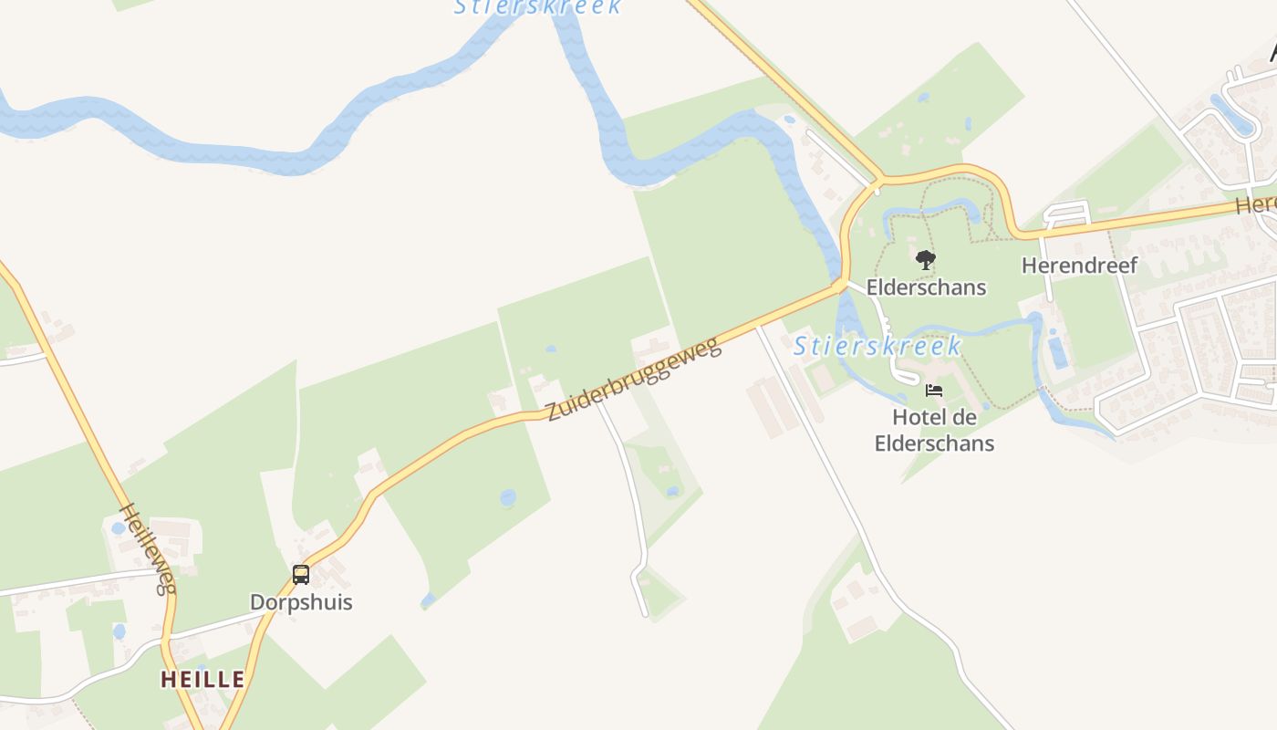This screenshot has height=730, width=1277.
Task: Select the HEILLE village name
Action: pyautogui.click(x=202, y=679)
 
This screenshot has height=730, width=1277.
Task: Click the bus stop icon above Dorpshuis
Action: pyautogui.click(x=301, y=575)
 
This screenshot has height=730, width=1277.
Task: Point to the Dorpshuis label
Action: pyautogui.click(x=301, y=602)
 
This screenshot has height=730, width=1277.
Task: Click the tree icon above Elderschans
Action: pyautogui.click(x=926, y=260)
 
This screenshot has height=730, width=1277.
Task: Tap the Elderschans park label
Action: pyautogui.click(x=926, y=287)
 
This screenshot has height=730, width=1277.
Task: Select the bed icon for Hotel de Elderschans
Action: pyautogui.click(x=934, y=391)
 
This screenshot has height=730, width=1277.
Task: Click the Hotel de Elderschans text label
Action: pyautogui.click(x=934, y=431)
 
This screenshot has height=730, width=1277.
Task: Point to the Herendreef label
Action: pyautogui.click(x=1079, y=266)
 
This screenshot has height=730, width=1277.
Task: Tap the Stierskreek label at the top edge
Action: pyautogui.click(x=538, y=6)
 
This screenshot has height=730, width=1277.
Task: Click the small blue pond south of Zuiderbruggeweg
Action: pyautogui.click(x=507, y=497)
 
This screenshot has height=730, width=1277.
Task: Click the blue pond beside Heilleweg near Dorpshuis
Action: pyautogui.click(x=118, y=527)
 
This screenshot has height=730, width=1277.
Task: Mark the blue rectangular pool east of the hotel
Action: pyautogui.click(x=1058, y=353)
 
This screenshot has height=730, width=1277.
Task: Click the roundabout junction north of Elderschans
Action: pyautogui.click(x=877, y=182)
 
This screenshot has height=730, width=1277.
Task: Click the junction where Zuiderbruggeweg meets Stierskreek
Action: pyautogui.click(x=839, y=286)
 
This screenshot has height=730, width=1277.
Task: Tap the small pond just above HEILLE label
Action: pyautogui.click(x=119, y=631)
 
